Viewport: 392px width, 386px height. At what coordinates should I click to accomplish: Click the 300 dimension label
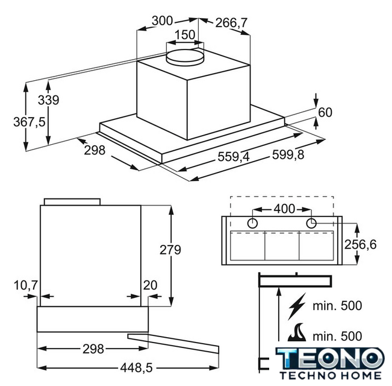163,21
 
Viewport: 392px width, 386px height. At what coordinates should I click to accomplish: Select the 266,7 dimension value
231,23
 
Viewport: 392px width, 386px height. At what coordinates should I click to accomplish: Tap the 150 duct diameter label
185,35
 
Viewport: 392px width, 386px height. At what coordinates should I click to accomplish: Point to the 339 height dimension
49,100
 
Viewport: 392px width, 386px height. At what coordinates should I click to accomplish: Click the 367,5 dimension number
30,122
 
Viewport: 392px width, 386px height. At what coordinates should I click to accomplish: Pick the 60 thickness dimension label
325,112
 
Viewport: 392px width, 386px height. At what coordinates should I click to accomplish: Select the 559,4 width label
234,157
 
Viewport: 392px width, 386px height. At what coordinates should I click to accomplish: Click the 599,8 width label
288,154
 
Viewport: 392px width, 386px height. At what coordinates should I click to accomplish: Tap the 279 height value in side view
170,250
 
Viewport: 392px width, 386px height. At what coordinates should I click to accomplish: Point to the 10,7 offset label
25,285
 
